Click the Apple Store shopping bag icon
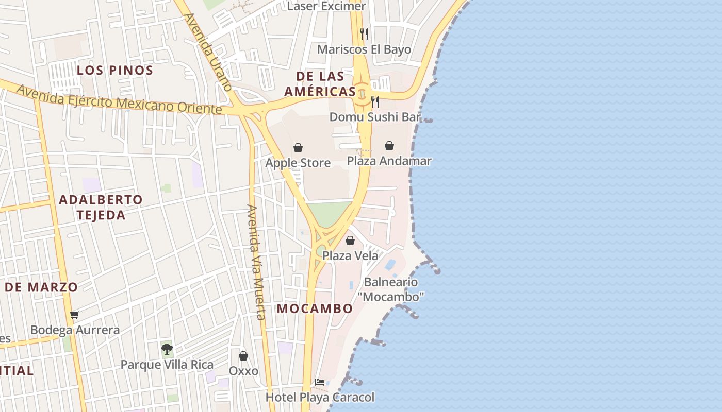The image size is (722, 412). [298, 148]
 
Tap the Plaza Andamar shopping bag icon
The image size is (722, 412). [389, 146]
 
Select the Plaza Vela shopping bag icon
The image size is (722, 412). [350, 241]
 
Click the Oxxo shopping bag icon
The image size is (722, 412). [243, 356]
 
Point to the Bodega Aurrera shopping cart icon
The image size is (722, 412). [75, 315]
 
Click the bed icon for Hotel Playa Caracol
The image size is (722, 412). [320, 382]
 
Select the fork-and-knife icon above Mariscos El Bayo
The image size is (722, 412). [364, 34]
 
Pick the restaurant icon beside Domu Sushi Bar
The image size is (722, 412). [375, 102]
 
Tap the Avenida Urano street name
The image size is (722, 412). [208, 51]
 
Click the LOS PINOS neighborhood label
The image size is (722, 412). [115, 71]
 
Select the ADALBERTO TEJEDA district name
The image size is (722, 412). [101, 207]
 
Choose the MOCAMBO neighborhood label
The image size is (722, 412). [315, 308]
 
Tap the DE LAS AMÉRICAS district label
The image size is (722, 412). [320, 84]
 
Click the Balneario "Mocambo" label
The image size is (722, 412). [391, 289]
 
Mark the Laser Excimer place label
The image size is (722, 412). [326, 6]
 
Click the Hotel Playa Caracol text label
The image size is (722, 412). [320, 397]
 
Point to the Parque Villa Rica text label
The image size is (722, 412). [167, 365]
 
